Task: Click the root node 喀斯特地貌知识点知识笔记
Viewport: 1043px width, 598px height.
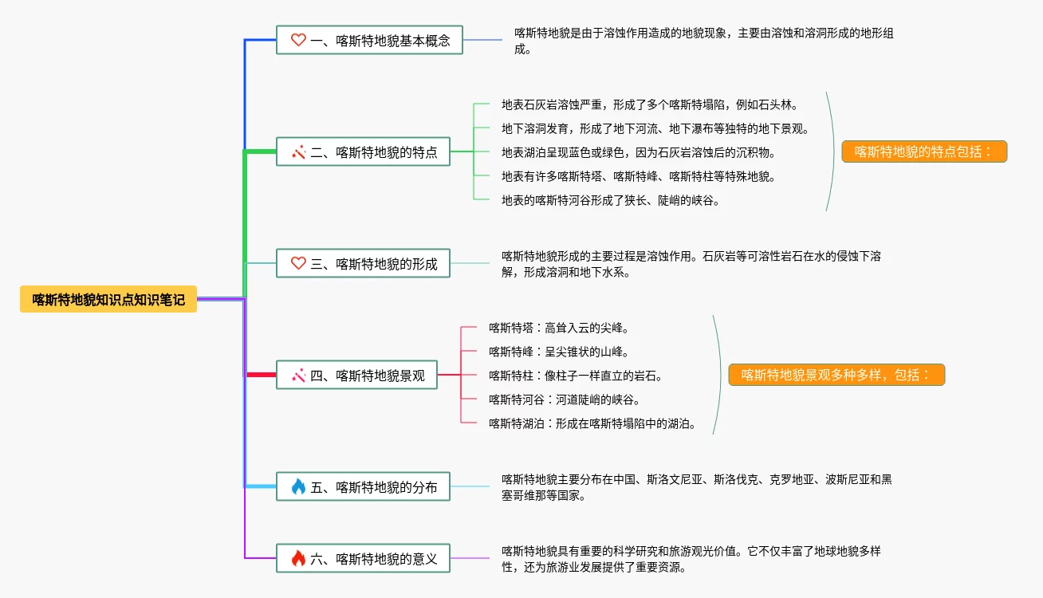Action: [108, 299]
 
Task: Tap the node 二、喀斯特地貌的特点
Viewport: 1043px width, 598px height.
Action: [363, 151]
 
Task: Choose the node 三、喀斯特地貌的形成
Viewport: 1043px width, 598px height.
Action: [363, 263]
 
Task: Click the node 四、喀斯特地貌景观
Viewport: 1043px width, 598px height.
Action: [356, 375]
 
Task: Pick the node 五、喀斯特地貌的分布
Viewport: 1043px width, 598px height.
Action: [363, 486]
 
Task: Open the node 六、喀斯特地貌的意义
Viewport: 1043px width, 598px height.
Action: [363, 558]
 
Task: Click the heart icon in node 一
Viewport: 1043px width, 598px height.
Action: [298, 40]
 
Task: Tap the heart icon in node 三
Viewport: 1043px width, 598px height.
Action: [298, 263]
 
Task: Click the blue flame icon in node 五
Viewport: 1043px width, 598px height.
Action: [298, 486]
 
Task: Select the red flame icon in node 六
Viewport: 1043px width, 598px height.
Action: [298, 558]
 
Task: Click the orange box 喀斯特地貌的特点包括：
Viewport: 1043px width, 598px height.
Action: [924, 151]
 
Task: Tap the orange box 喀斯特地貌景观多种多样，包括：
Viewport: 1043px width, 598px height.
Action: [836, 375]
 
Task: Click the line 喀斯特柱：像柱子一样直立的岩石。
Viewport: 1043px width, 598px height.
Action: [576, 376]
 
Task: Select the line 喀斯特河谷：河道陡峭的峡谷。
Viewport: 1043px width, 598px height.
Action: [565, 399]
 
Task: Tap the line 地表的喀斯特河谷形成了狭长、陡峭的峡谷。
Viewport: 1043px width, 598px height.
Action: [611, 200]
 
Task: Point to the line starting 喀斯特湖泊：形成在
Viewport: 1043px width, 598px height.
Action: [592, 423]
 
